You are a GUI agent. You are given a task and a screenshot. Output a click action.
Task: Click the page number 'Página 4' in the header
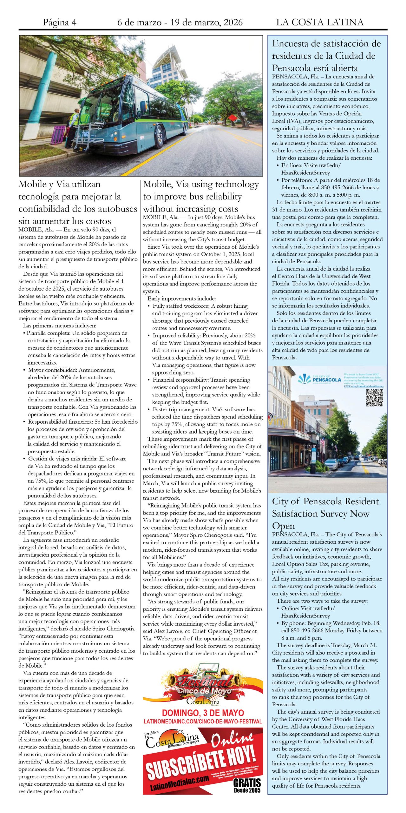coord(59,22)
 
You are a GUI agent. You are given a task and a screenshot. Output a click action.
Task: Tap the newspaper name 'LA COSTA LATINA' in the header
coord(319,22)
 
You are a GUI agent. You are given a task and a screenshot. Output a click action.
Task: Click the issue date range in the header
coord(180,22)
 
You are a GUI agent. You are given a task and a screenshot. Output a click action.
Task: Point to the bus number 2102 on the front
coord(86,134)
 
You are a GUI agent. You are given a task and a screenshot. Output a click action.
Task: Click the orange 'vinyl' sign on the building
coord(279,422)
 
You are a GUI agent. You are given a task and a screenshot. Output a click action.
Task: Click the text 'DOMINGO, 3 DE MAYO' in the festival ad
coord(203,713)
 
